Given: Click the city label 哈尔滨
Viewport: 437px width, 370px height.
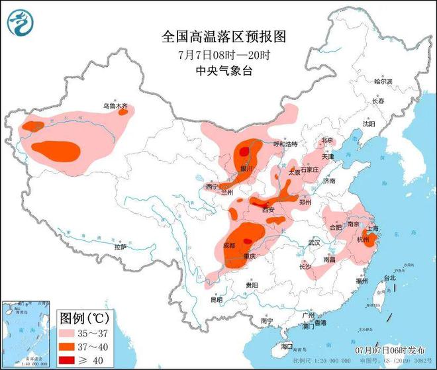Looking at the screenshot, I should [x=383, y=81].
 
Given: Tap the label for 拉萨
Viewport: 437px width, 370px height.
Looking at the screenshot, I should [x=119, y=247].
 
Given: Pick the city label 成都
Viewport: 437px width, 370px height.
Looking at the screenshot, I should [x=228, y=245].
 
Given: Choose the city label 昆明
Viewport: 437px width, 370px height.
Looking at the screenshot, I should [x=217, y=299].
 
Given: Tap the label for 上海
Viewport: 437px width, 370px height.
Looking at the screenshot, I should [x=371, y=228].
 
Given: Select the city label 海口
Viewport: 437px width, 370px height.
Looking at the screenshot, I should [x=286, y=346].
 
